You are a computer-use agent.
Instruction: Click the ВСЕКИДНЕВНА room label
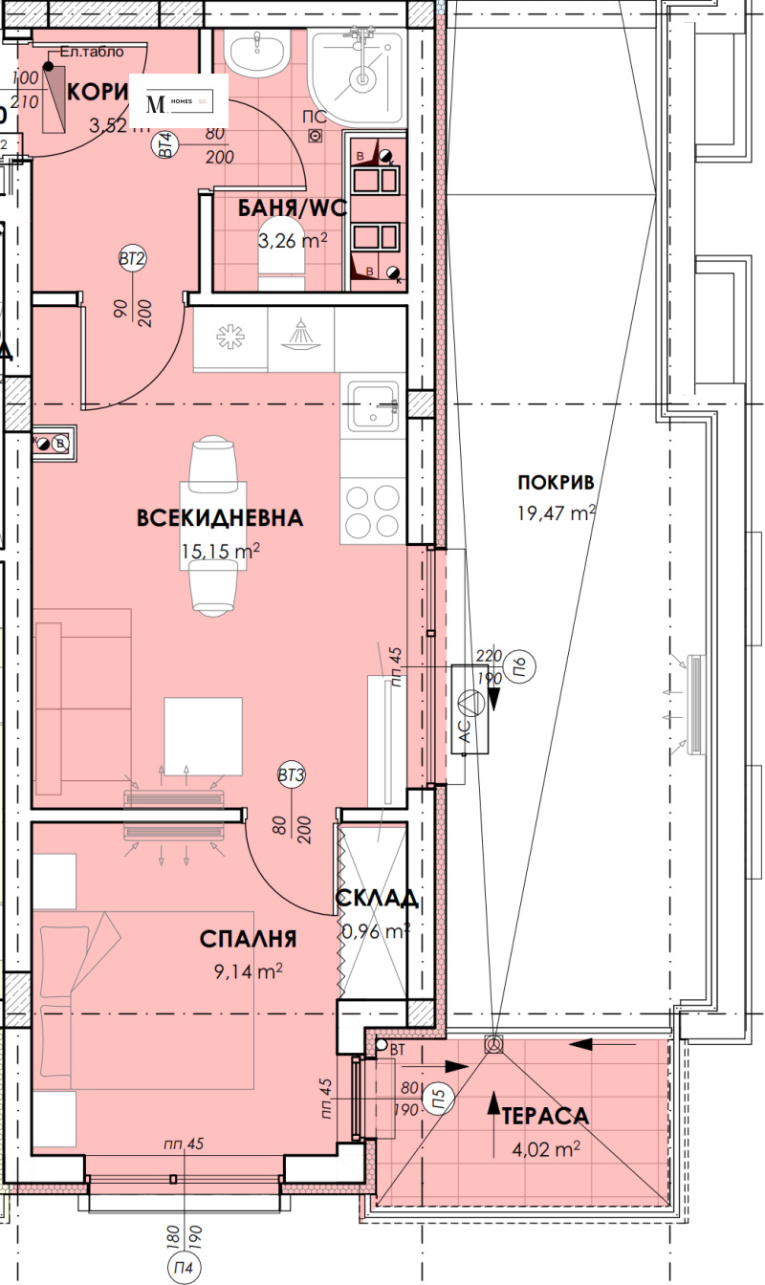[x=220, y=518]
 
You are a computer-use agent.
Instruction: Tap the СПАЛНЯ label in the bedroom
[x=249, y=939]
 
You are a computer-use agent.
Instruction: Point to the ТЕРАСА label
[x=546, y=1116]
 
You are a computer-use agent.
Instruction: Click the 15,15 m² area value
[x=220, y=551]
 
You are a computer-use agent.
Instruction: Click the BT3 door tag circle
[x=292, y=775]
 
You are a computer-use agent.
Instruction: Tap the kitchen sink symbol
[x=374, y=405]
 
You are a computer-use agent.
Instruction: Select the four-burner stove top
[x=373, y=512]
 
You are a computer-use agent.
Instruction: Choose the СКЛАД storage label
[x=376, y=899]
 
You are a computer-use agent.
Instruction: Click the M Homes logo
[x=179, y=101]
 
